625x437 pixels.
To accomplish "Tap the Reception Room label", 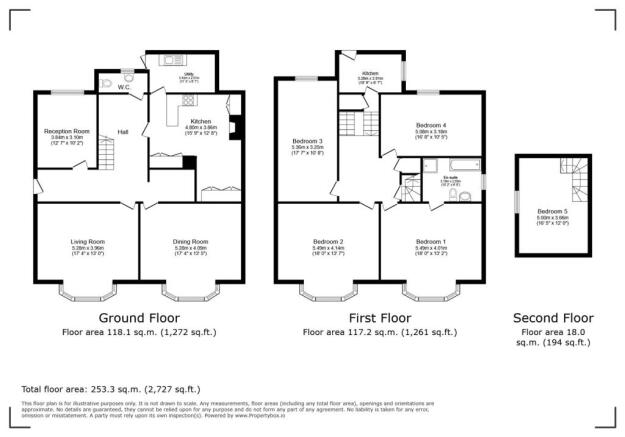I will click(x=67, y=131).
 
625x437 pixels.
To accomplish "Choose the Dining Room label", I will click(x=190, y=241).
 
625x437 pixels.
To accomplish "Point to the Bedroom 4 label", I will click(x=431, y=125).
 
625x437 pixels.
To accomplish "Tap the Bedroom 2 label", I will click(x=328, y=242).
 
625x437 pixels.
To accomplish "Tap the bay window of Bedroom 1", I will click(x=430, y=293).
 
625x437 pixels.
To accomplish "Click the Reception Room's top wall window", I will click(x=67, y=93).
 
